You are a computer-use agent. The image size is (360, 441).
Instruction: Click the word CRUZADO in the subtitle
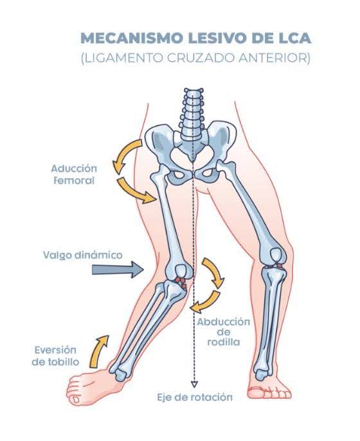click(x=199, y=59)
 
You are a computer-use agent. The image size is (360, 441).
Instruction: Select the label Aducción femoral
click(x=74, y=174)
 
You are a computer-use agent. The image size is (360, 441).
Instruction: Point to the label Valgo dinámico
click(x=83, y=255)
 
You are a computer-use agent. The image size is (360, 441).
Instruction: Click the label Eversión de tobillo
click(x=55, y=355)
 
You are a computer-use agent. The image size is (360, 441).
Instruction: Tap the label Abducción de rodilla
click(x=224, y=332)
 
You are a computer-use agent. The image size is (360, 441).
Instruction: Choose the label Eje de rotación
click(x=195, y=397)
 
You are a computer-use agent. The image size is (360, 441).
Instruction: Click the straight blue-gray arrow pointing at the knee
click(x=118, y=270)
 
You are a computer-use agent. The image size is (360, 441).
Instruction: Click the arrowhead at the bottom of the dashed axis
click(x=194, y=384)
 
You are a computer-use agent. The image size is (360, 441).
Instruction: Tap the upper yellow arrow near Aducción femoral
click(x=123, y=155)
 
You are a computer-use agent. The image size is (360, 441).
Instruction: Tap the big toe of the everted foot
click(x=75, y=399)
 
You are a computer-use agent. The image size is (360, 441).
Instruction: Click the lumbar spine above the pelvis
click(x=193, y=114)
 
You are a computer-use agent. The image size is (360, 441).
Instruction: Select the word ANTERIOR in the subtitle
click(x=273, y=59)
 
